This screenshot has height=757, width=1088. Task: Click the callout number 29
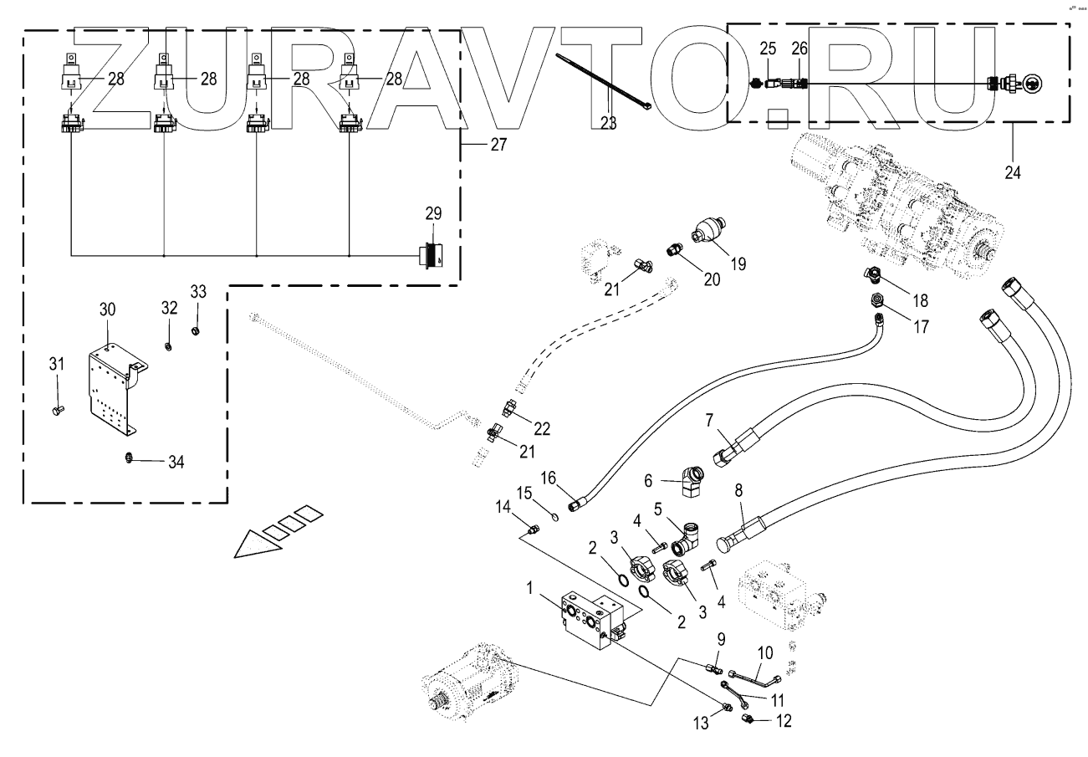433,213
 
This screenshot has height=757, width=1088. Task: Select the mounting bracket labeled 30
115,389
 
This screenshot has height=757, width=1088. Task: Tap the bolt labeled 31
58,410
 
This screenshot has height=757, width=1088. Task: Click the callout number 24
1013,172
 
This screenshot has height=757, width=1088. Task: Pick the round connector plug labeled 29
432,255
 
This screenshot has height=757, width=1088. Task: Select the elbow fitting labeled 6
691,482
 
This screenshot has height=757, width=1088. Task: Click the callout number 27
498,145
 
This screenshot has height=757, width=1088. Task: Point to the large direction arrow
278,531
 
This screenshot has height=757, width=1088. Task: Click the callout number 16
548,478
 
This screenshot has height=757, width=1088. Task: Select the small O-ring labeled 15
555,517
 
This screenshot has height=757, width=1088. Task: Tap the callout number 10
765,653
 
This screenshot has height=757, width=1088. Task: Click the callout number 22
542,428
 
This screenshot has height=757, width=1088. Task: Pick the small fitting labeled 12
748,719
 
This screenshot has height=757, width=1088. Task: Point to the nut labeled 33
196,331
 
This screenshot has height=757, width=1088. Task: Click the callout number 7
710,420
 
